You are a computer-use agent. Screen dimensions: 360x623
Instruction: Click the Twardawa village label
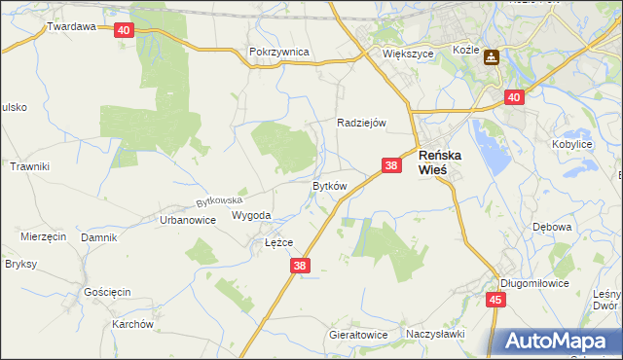[71, 26]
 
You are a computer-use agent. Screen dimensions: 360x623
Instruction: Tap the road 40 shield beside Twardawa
[123, 30]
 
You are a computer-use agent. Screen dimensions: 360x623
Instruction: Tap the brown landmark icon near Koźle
[492, 57]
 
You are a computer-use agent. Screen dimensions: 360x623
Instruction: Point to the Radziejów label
[362, 123]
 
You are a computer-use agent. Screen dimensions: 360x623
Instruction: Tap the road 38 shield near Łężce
[300, 265]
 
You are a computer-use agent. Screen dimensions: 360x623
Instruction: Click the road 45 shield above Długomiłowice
[495, 300]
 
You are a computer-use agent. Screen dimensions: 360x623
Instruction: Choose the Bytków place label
[328, 185]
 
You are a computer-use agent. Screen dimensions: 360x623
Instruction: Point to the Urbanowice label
[187, 220]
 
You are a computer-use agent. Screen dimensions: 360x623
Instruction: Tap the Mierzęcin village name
[43, 236]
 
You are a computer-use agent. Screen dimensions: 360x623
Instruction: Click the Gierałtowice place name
[358, 335]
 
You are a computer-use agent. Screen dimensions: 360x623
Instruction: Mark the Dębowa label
[552, 227]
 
